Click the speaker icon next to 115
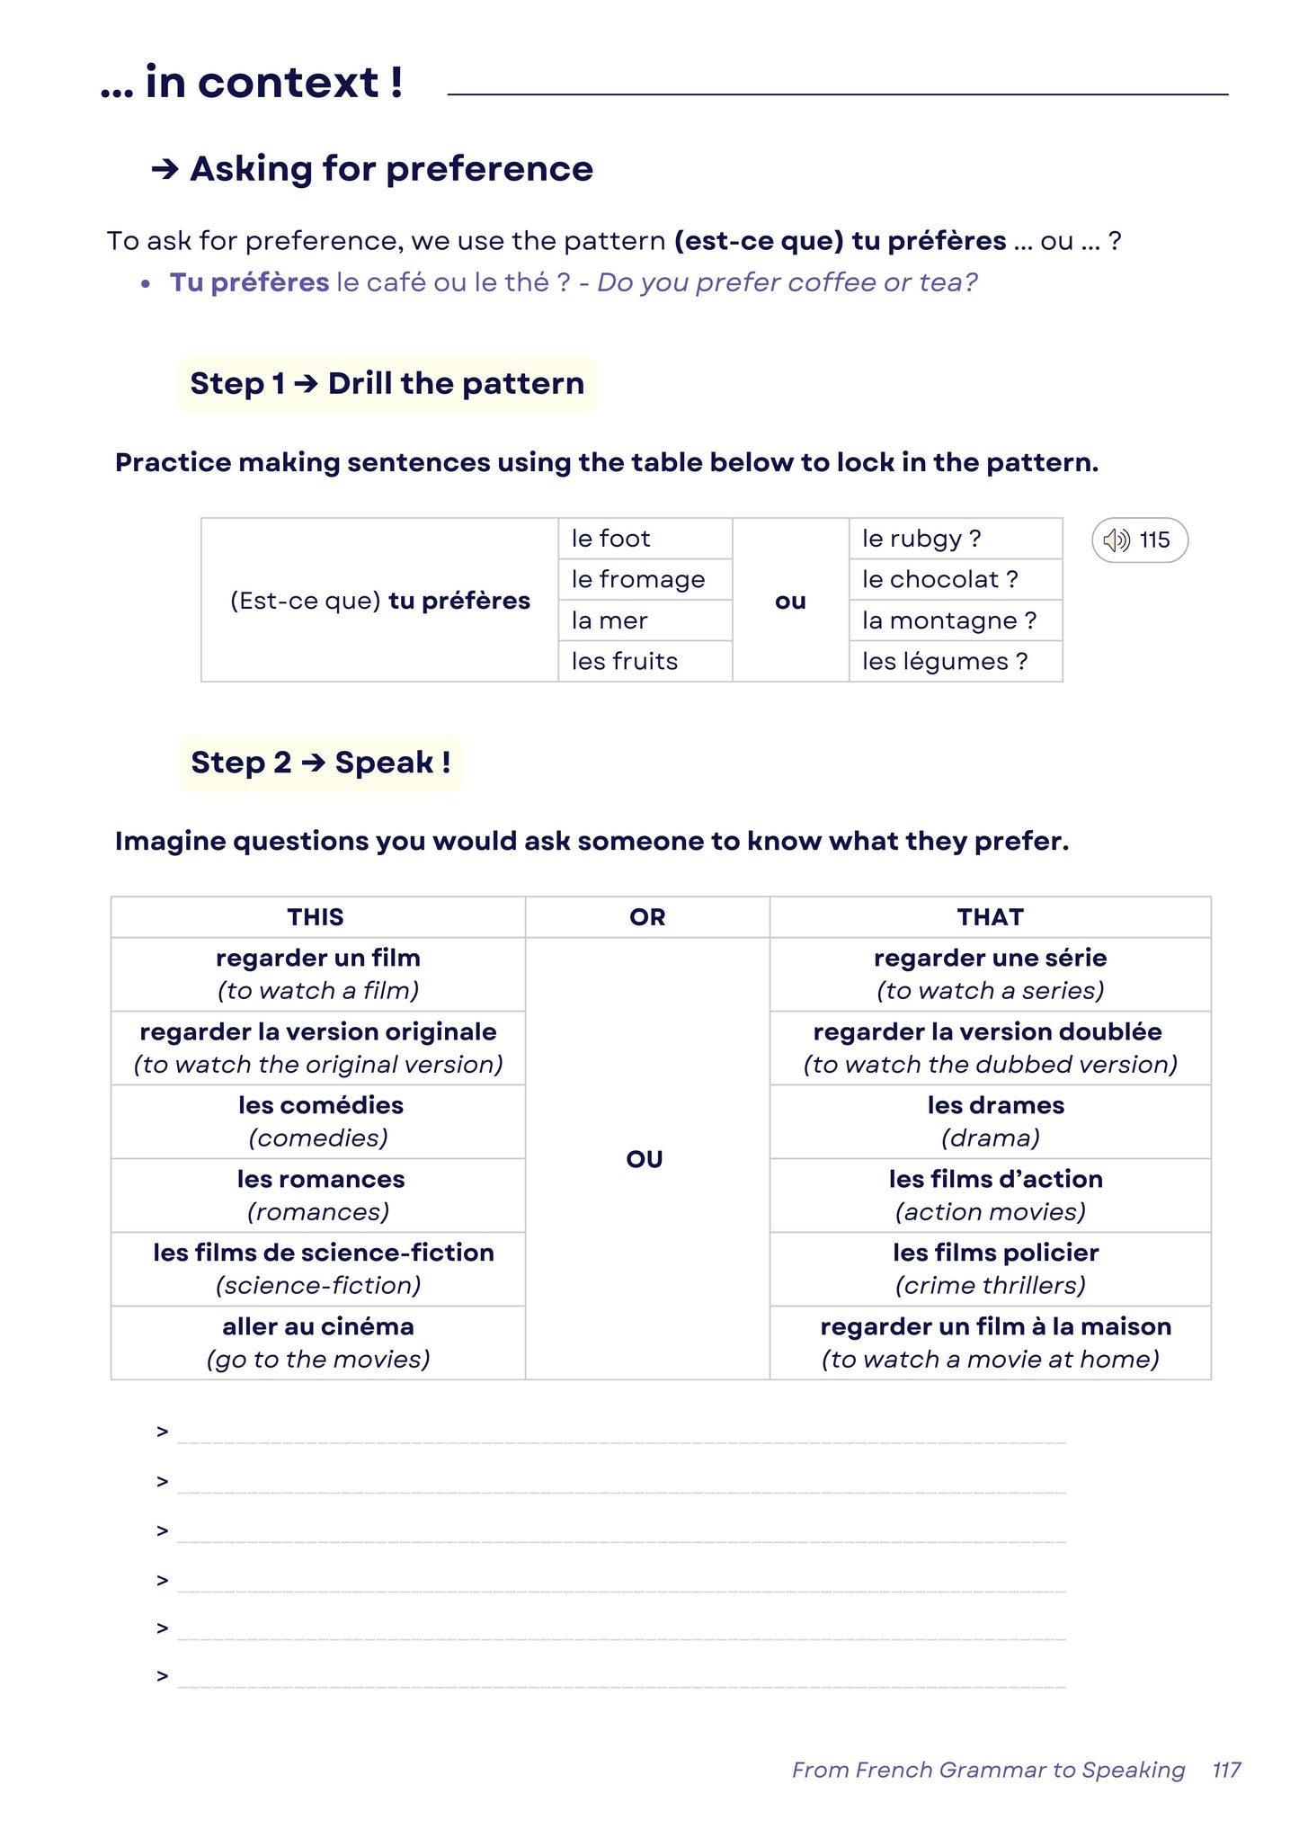[1116, 540]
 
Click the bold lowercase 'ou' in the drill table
[790, 601]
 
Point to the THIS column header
[316, 917]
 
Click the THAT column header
[990, 917]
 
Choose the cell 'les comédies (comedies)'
[319, 1121]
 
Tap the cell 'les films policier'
[994, 1268]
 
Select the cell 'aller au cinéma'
[318, 1342]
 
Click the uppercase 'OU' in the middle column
[645, 1159]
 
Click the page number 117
[1225, 1770]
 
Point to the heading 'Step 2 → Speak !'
[321, 763]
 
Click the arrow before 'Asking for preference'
[165, 169]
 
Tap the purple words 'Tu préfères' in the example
[249, 282]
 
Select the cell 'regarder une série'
[990, 974]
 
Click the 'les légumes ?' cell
[944, 662]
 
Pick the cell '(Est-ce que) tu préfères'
[380, 601]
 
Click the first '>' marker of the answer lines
[163, 1432]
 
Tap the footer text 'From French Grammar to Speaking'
[988, 1770]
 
